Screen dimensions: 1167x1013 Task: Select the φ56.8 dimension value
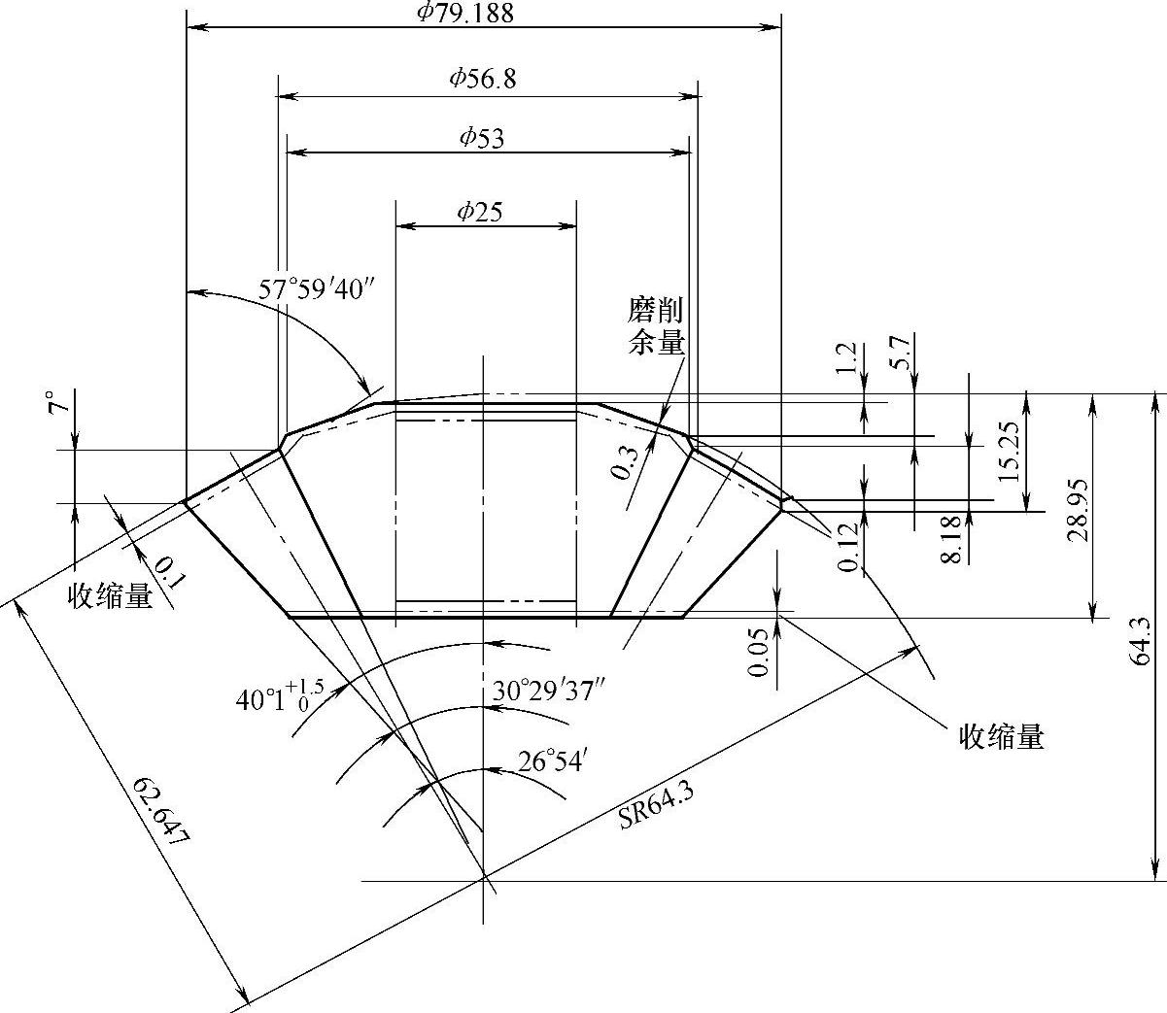point(482,80)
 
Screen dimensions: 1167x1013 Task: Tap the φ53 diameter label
point(482,137)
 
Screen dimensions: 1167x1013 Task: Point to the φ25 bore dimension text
point(480,212)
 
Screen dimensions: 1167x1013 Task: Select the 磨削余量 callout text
point(656,326)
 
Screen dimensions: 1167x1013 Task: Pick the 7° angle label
point(60,403)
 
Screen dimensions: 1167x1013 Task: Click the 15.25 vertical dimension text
point(1008,453)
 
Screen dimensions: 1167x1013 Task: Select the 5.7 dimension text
point(899,352)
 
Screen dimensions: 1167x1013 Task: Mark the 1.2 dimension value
point(846,358)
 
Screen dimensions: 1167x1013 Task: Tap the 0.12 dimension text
point(848,548)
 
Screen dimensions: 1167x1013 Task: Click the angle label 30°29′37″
point(549,692)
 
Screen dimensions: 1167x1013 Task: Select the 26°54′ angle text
point(551,761)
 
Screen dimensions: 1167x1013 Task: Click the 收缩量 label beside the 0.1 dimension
point(110,596)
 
